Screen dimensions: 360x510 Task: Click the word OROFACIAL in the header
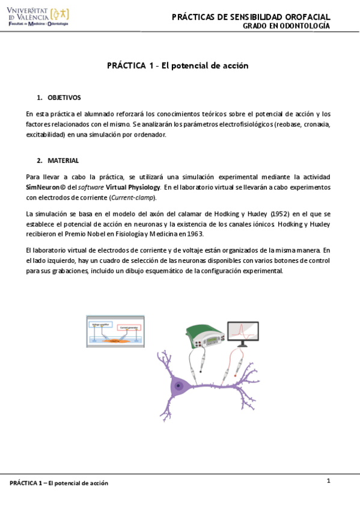coord(303,16)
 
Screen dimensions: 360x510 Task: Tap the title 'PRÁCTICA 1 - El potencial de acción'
coord(178,66)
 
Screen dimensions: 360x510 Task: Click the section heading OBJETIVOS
coord(64,97)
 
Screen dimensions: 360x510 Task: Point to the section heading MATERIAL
coord(63,161)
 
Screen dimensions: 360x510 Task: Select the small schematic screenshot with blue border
coord(115,330)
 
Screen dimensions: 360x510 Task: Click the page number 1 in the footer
coord(329,481)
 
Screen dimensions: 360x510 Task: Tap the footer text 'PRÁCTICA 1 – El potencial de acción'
coord(59,483)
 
